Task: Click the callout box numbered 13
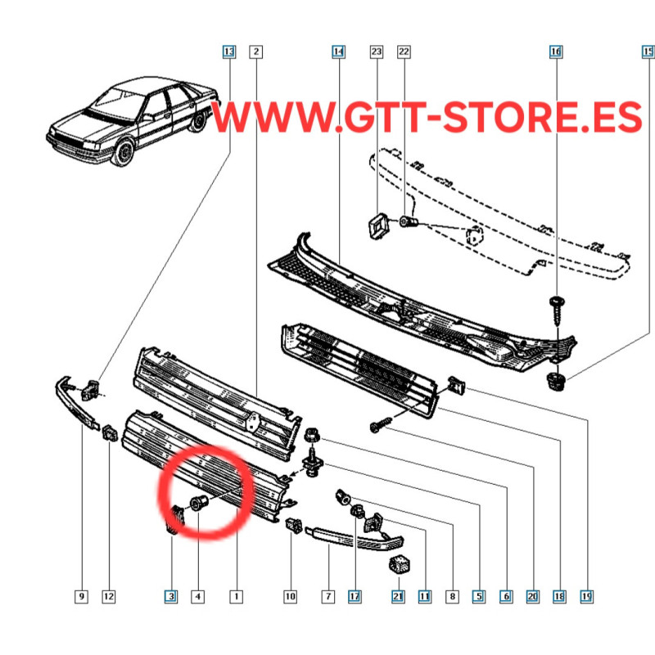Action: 229,52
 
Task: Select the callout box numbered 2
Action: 256,52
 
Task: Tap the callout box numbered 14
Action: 338,52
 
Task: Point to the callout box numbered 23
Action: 377,52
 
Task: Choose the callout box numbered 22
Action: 404,52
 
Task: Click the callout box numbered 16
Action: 556,52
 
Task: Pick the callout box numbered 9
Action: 81,596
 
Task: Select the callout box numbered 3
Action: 171,596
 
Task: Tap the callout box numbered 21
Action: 398,596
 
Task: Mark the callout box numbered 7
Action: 328,596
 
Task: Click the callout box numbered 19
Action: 586,596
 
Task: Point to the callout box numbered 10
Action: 291,596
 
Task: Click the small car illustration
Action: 133,121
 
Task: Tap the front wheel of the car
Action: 124,153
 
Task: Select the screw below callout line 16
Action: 557,311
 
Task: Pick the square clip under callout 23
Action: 378,226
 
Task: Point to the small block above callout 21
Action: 400,564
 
